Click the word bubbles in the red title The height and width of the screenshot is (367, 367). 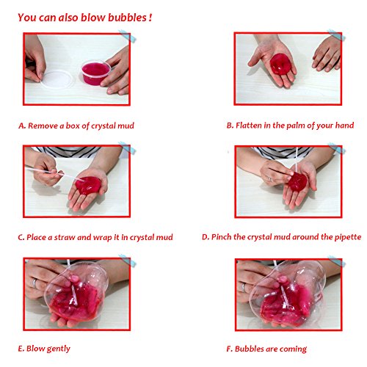click(x=127, y=18)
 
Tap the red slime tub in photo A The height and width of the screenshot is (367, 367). click(x=95, y=73)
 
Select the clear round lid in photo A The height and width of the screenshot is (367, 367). click(x=57, y=79)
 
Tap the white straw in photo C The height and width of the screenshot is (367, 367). click(x=55, y=174)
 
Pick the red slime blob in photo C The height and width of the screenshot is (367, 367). click(x=88, y=185)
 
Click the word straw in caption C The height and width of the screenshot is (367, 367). click(x=65, y=237)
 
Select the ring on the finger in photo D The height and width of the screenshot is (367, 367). click(x=270, y=179)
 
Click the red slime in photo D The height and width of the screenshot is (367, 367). click(x=297, y=181)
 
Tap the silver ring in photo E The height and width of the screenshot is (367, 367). click(x=34, y=283)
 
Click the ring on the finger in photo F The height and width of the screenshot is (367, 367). click(x=243, y=288)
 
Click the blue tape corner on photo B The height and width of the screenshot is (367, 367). click(x=336, y=36)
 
